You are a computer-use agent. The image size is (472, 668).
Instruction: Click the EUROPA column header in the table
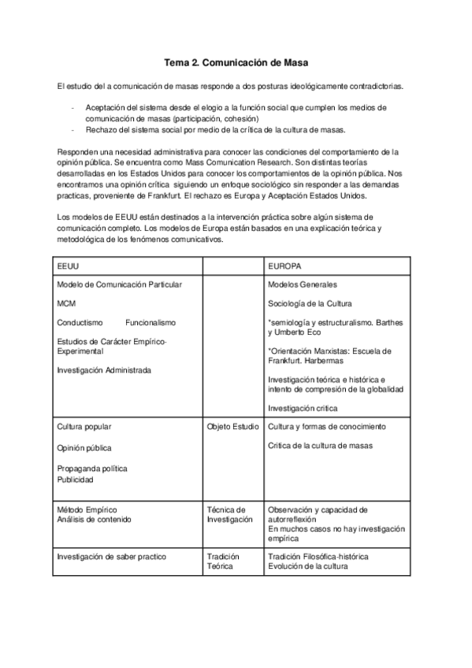tap(284, 266)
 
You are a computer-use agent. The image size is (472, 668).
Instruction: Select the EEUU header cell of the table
tap(68, 266)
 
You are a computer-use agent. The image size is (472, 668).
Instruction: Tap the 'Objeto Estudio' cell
tap(232, 426)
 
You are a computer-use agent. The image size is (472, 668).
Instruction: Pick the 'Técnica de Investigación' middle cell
tap(230, 514)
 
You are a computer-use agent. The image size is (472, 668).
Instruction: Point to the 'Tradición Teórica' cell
tap(223, 561)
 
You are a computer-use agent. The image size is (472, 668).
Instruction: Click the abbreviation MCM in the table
tap(66, 302)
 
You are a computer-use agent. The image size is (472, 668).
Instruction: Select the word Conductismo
tap(82, 322)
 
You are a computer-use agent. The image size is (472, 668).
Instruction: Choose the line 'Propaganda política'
tap(91, 468)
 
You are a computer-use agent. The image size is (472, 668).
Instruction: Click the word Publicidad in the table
tap(75, 479)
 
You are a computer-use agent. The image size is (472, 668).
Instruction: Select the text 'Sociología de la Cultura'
tap(310, 302)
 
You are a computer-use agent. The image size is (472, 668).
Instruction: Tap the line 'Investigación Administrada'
tap(104, 369)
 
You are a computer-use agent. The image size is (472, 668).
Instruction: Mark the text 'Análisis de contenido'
tap(94, 519)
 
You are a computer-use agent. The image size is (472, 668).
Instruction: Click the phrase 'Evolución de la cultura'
tap(308, 566)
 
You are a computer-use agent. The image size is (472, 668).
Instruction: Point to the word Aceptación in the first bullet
tap(105, 108)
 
